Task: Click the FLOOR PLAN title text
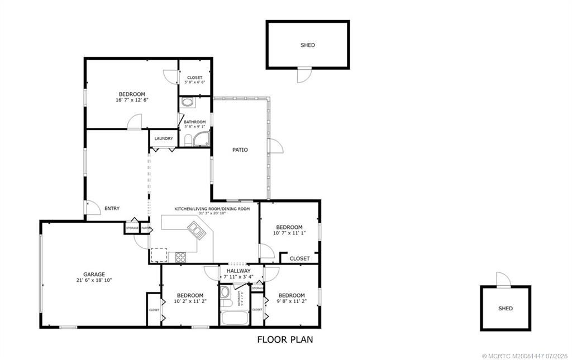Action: pos(285,339)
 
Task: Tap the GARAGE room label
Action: pos(94,274)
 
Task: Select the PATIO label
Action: pos(240,150)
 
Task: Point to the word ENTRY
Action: pos(112,209)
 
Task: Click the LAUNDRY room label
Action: pos(164,138)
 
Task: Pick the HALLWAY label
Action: pos(239,271)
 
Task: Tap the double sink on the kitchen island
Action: pos(196,229)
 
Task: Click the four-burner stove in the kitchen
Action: pos(182,257)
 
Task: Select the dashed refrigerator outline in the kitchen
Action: pos(159,255)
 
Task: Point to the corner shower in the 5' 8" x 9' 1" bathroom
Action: pos(201,140)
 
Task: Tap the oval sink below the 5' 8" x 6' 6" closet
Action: pos(188,102)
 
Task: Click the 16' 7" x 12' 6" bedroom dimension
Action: pos(132,100)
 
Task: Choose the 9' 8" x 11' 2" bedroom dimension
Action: pos(291,301)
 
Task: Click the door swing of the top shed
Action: pos(303,75)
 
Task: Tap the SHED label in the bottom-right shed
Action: pos(506,308)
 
